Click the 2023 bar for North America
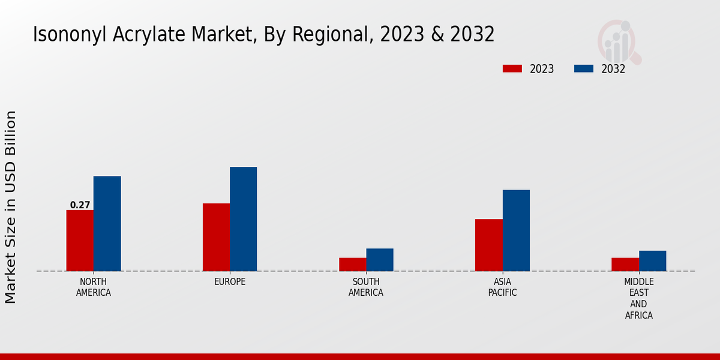pos(80,241)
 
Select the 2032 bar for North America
pos(107,224)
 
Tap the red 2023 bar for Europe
pos(216,237)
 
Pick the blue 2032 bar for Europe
pos(243,219)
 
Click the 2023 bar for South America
pos(352,265)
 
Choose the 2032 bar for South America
pos(380,260)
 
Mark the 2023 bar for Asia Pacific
pos(488,245)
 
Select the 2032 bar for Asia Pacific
pos(516,230)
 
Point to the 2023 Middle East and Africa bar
pos(625,265)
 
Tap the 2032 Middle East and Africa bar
pos(652,261)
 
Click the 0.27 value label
pos(80,205)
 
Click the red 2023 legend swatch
pos(512,68)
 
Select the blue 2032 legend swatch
pos(583,68)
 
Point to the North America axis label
pos(94,287)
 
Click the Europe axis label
pos(230,282)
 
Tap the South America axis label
pos(366,287)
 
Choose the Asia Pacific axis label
pos(502,287)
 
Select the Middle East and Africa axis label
pos(638,298)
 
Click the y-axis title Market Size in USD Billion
pos(11,207)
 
